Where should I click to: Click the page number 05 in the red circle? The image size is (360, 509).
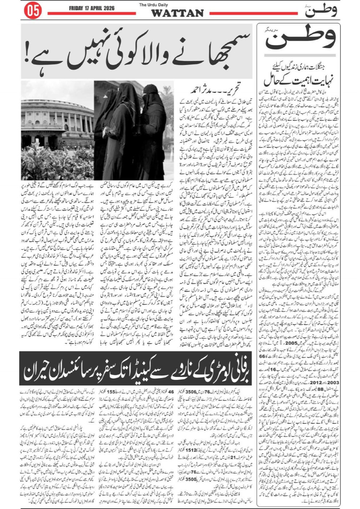point(32,11)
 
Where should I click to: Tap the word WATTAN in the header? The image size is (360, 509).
point(177,13)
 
